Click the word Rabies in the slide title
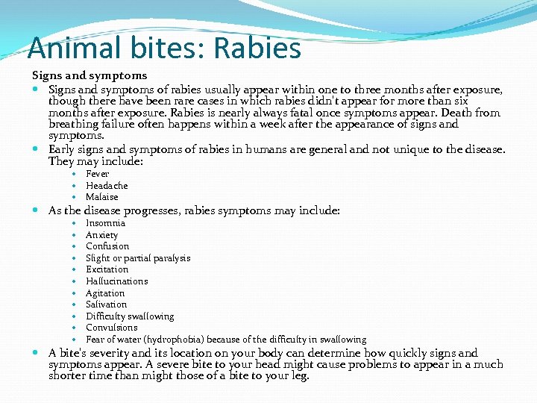tap(257, 49)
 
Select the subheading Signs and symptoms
tap(89, 75)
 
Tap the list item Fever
tap(98, 174)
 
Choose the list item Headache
tap(107, 185)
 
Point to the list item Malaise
tap(102, 197)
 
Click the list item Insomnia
tap(105, 223)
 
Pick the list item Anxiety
tap(101, 235)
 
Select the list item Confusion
tap(107, 246)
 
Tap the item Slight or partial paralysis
tap(138, 258)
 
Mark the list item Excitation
tap(107, 269)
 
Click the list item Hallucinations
tap(116, 281)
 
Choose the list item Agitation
tap(105, 293)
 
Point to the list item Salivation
tap(106, 304)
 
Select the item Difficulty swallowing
tap(130, 316)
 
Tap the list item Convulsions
tap(111, 328)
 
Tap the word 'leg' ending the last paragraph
tap(299, 376)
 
